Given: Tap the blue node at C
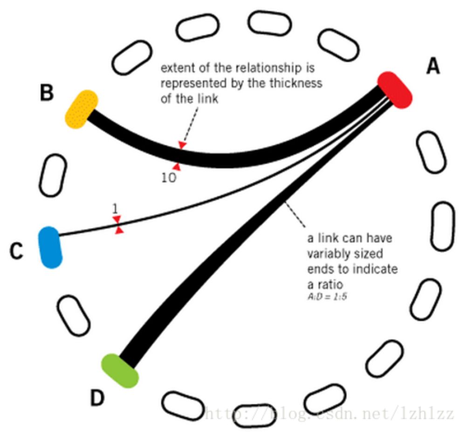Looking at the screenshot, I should coord(50,247).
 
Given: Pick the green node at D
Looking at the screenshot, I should coord(120,371).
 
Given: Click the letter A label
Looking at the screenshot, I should coord(433,67).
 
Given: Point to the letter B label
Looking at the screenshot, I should coord(47,93).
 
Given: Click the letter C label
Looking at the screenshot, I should coord(16,252).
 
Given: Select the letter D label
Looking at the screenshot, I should coord(97,398).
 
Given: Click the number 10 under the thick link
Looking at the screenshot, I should coord(169,177).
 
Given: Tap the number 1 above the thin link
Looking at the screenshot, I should coord(115,208).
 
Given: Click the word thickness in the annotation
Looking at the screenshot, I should coord(299,84).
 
